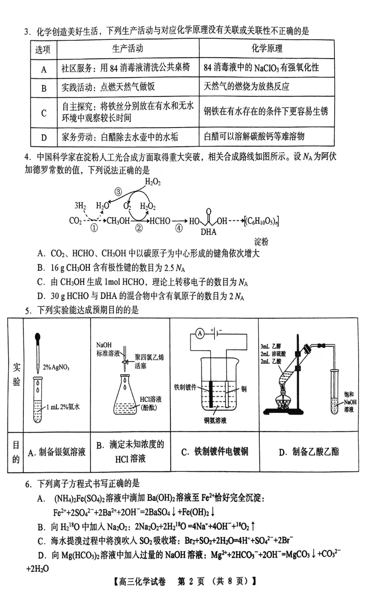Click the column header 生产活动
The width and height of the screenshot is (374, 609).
tap(128, 49)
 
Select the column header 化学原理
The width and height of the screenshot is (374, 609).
tap(267, 49)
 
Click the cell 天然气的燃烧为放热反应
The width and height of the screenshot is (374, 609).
tap(246, 86)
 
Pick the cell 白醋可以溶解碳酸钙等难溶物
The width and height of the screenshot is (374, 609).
tap(254, 136)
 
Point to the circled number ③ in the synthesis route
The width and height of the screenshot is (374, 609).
tap(118, 192)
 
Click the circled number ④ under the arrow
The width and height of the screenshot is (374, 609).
tap(178, 228)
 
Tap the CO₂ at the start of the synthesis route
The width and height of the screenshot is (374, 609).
tap(75, 221)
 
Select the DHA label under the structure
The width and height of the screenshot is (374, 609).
tap(208, 232)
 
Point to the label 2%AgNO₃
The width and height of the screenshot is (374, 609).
tap(56, 367)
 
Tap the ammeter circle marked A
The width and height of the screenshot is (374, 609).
tap(199, 332)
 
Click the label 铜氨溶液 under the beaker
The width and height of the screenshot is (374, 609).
tap(215, 420)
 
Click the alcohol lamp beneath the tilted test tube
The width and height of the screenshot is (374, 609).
tap(284, 402)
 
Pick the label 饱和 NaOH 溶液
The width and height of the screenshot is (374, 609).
tap(349, 402)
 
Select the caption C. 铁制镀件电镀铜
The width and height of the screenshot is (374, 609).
tap(215, 452)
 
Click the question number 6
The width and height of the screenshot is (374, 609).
tap(28, 484)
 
